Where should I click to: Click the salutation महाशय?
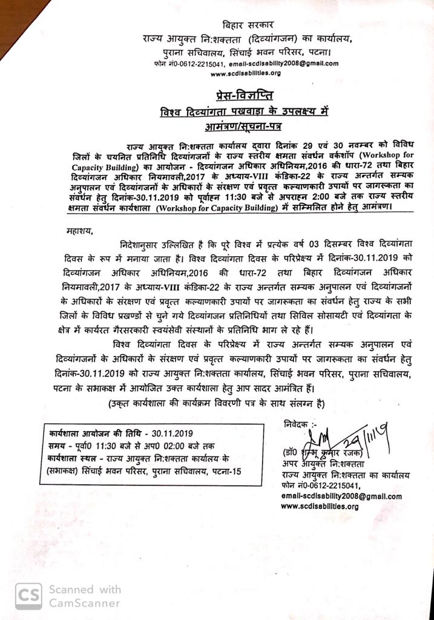coord(80,230)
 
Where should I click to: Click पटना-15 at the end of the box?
coord(225,470)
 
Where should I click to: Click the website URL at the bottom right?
coord(320,506)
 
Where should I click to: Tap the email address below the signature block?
coord(341,496)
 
